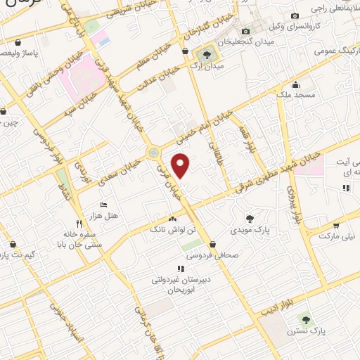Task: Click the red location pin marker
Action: [x=182, y=165]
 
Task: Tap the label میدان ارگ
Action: [x=207, y=66]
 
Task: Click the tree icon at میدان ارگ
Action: [x=207, y=53]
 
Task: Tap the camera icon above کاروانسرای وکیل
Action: [x=295, y=15]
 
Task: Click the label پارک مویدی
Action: [x=250, y=230]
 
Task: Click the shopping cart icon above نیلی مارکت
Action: [x=337, y=226]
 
